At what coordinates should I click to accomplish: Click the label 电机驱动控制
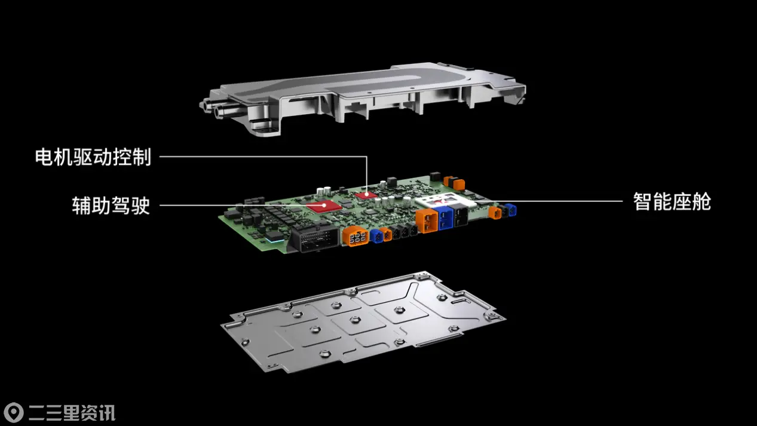93,157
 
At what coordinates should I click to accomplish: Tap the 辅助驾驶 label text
111,205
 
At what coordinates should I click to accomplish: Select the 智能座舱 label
672,202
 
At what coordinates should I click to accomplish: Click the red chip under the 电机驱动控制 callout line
366,195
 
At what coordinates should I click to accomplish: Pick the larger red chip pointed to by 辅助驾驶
324,206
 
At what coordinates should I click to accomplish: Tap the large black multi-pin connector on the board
314,239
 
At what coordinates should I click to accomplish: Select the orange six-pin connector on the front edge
356,236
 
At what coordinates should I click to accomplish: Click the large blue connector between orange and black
445,219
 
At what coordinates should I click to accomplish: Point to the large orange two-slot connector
427,221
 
